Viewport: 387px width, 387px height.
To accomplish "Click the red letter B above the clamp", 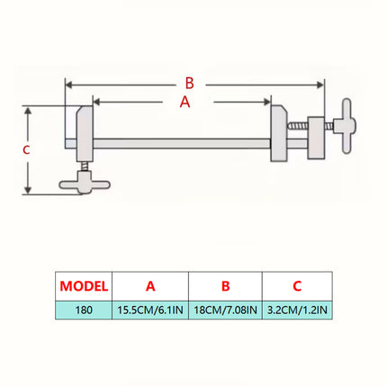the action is tap(190, 83).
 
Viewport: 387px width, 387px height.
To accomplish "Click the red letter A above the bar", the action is tap(185, 102).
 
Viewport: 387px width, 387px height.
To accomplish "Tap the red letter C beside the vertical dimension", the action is tap(26, 149).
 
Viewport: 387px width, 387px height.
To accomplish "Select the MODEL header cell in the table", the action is tap(84, 286).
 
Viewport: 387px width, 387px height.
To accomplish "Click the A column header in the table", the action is tap(150, 286).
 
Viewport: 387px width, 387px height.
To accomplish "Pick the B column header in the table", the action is tap(226, 286).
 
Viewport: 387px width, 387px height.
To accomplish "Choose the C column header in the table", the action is tap(297, 286).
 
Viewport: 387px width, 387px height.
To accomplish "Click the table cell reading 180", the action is tap(84, 310).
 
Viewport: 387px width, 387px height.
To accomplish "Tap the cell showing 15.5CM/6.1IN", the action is tap(150, 310).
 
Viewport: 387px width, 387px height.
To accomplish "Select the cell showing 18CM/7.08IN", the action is tap(226, 310).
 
